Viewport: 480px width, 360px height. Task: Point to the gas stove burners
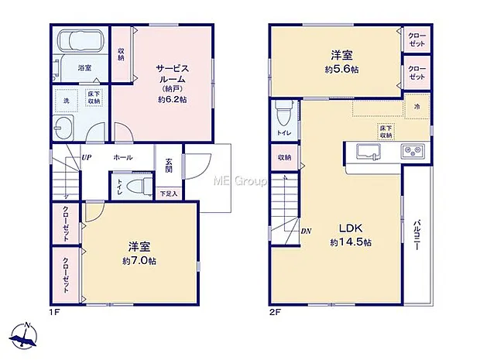[413, 151]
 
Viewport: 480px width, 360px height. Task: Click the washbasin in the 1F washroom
[63, 129]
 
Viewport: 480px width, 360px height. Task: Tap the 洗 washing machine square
[66, 101]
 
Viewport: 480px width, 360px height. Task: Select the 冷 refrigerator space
[417, 106]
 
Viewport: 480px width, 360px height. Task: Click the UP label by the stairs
[87, 158]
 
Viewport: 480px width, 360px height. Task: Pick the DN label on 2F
[306, 231]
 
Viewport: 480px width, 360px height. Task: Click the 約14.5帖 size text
[351, 242]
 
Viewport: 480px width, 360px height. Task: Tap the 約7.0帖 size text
[139, 261]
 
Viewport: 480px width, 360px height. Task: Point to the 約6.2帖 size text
[173, 100]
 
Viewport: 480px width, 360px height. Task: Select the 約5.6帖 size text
[341, 69]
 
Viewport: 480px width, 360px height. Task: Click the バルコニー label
[417, 235]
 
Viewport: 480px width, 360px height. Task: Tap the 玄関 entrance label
[169, 166]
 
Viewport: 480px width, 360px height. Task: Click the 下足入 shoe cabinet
[169, 194]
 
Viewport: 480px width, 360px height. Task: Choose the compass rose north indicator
[24, 336]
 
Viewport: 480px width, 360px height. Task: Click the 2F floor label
[275, 312]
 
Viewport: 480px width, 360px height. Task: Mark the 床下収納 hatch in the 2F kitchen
[386, 132]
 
